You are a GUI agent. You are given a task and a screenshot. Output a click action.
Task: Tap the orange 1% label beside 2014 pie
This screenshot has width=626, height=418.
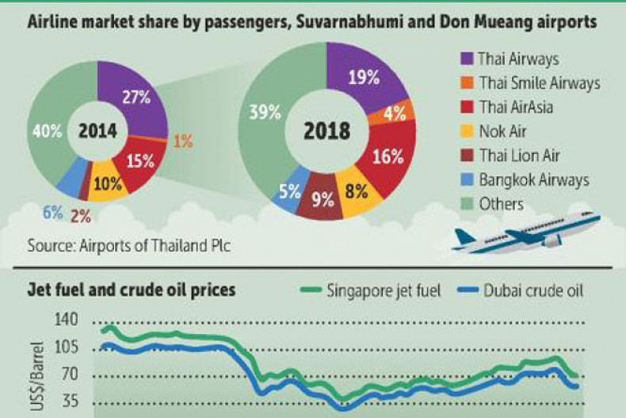pos(184,141)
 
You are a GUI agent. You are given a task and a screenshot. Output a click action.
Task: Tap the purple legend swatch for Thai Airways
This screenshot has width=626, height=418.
pos(466,59)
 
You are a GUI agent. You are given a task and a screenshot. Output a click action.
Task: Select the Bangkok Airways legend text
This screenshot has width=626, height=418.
pos(534,180)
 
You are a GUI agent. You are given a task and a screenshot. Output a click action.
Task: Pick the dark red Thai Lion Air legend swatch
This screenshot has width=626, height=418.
pos(466,156)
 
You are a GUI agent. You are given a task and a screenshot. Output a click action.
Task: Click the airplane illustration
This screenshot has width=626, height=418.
pos(527,235)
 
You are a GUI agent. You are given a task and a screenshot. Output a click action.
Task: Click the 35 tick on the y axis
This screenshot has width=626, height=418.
pos(71,402)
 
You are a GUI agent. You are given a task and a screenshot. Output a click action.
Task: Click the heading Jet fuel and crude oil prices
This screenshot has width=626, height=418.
pos(132,290)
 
